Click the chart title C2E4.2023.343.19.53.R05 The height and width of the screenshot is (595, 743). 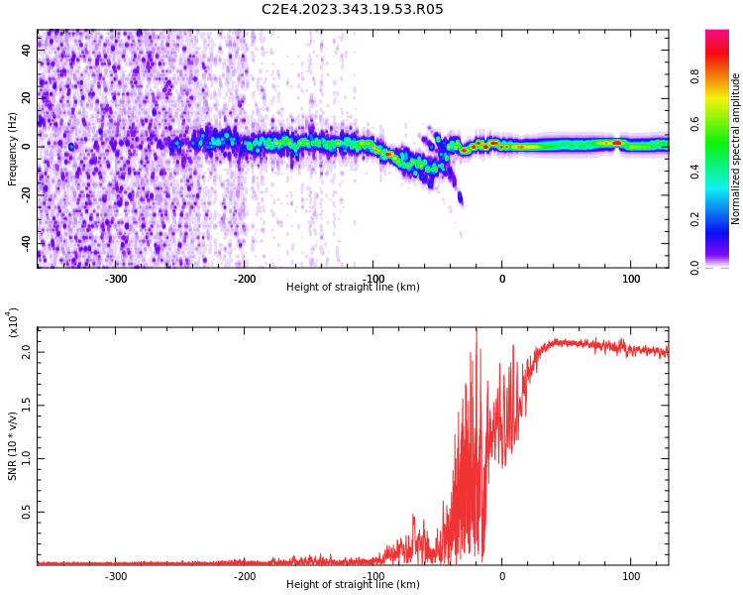coord(352,10)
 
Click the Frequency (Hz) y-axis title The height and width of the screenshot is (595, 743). coord(13,149)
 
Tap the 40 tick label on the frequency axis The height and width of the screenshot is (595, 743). coord(27,50)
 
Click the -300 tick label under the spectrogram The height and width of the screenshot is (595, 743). coord(116,279)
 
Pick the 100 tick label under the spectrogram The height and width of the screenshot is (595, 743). coord(631,279)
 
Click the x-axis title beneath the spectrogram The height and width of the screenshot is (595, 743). coord(353,288)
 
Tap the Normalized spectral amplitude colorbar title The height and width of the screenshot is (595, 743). coord(736,149)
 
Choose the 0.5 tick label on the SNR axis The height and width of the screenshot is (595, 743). coord(27,512)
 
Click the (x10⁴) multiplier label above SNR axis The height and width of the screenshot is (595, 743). coord(13,322)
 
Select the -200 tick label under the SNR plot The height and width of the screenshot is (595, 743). coord(245,576)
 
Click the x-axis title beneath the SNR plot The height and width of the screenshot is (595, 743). coord(353,585)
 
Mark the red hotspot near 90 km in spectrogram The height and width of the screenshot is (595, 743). coord(616,143)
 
